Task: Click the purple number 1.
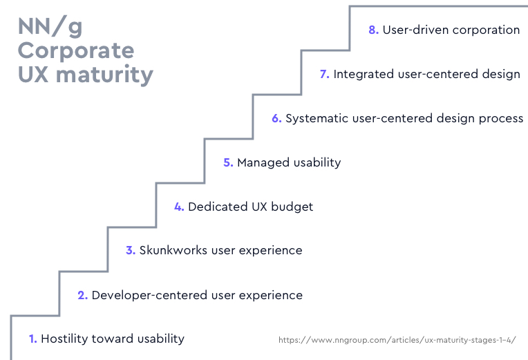[x=32, y=339]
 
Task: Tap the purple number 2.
[x=82, y=295]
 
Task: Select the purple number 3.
[x=130, y=250]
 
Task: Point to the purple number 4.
[x=178, y=207]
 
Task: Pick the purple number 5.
[x=227, y=162]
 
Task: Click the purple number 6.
[x=276, y=118]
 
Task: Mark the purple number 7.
[x=323, y=74]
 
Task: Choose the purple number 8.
[x=373, y=30]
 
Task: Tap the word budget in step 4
[x=292, y=207]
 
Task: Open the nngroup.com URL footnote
[x=397, y=340]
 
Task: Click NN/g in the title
[x=50, y=28]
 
